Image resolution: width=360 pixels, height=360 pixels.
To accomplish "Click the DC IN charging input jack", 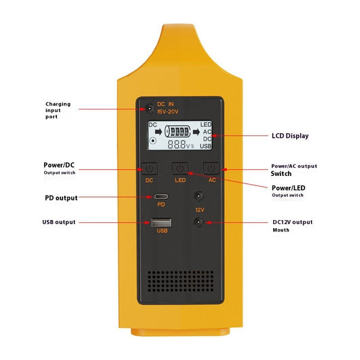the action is click(x=149, y=108).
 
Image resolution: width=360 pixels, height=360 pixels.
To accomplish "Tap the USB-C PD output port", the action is click(x=161, y=196).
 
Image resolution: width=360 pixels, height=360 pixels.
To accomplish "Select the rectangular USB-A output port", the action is click(x=161, y=222).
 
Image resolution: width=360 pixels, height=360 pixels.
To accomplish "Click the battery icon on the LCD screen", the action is click(x=178, y=132).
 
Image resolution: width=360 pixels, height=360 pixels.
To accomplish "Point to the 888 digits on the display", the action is click(x=177, y=145).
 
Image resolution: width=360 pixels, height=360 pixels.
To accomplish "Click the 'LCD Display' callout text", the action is click(x=290, y=136).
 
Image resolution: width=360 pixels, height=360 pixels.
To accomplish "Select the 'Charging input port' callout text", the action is click(x=58, y=110).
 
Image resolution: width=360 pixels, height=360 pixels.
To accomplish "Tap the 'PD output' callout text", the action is click(x=61, y=198).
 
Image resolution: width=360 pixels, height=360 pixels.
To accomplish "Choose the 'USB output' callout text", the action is click(x=59, y=222).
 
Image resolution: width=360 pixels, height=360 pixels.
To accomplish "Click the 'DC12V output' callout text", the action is click(x=293, y=222).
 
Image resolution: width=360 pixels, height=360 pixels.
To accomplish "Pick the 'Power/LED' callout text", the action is click(x=289, y=188).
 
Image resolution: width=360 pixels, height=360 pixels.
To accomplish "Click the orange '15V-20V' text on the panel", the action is click(x=168, y=111).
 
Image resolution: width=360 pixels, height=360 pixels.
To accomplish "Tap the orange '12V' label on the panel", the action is click(x=200, y=210).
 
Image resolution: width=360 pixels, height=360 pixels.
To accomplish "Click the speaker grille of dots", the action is click(x=181, y=281).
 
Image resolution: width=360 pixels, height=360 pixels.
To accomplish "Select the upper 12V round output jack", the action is click(x=198, y=196).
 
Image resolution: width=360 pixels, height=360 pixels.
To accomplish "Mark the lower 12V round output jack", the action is click(x=198, y=222).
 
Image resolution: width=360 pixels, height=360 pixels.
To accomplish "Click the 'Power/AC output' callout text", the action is click(x=294, y=166).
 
